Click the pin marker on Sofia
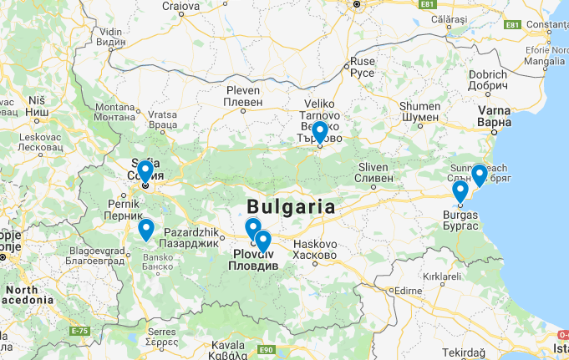(145, 171)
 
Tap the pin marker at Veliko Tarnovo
(319, 132)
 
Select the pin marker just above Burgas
(460, 191)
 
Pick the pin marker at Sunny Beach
(479, 175)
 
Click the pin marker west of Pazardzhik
(146, 229)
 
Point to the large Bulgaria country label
(291, 206)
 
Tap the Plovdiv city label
(254, 260)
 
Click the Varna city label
(494, 115)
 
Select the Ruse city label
(363, 67)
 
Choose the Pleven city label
(243, 95)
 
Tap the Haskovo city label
(314, 248)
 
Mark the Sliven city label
(373, 171)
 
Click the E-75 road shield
(79, 332)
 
